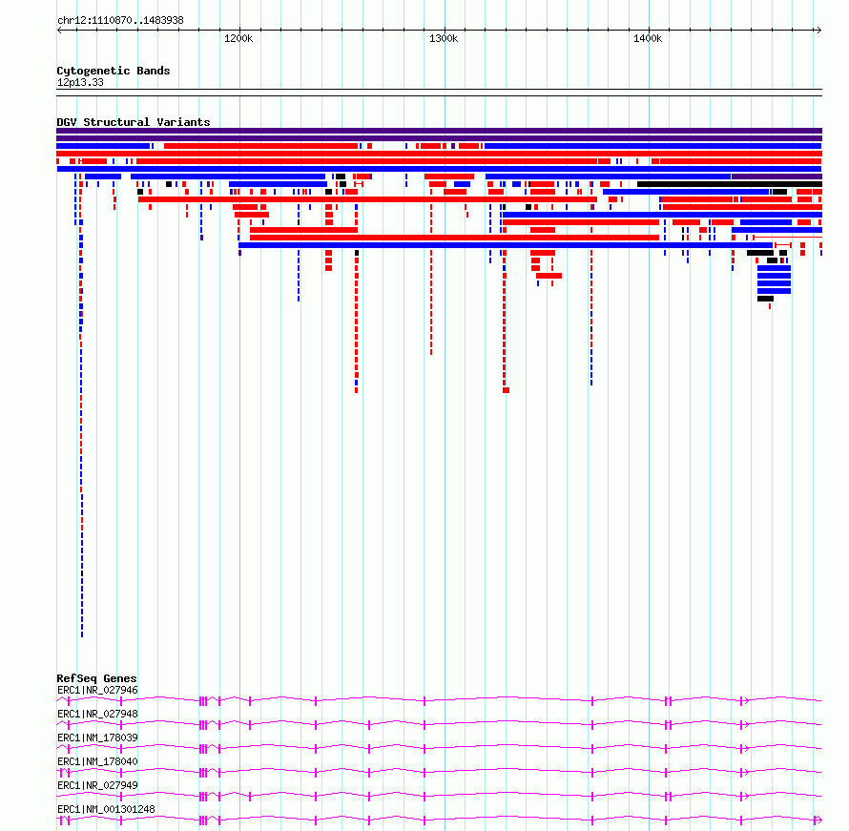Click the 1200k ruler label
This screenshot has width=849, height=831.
coord(238,38)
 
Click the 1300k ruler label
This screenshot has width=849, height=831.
coord(444,38)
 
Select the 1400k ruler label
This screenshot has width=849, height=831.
coord(648,38)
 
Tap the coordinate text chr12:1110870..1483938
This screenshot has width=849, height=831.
coord(120,21)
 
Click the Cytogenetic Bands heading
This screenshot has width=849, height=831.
coord(114,71)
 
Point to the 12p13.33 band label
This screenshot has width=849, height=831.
coord(80,82)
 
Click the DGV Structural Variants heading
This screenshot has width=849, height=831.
coord(134,122)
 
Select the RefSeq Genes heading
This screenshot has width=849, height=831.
coord(96,678)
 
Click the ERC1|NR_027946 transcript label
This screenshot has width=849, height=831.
coord(97,690)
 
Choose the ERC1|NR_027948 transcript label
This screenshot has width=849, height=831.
coord(97,714)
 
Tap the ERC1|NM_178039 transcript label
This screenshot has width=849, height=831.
coord(97,738)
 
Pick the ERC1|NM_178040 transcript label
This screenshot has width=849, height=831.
coord(97,761)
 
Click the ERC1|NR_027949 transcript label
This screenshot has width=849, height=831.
coord(97,785)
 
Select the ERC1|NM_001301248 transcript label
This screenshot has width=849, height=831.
coord(106,809)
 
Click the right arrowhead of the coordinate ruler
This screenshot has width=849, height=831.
coord(819,31)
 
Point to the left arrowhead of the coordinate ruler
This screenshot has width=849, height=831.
coord(59,31)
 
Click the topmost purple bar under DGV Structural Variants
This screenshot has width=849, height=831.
coord(439,131)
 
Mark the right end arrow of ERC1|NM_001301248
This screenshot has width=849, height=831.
coord(818,821)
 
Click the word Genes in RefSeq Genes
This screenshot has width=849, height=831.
coord(119,678)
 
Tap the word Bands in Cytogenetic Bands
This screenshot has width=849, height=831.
coord(154,71)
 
